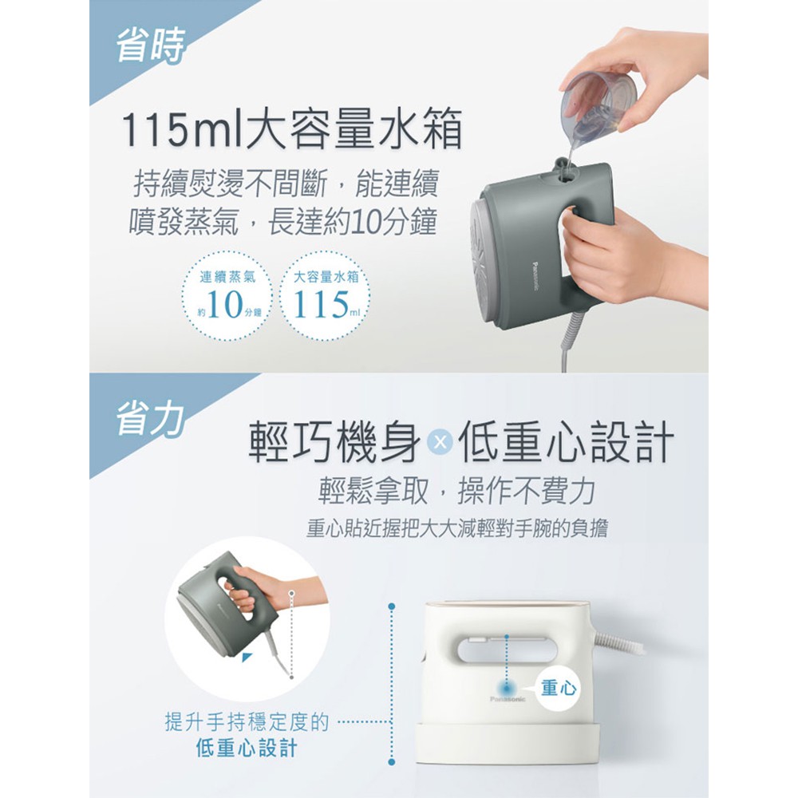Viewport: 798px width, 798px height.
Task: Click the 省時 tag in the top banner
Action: [x=151, y=45]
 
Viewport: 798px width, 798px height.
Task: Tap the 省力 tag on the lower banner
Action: [x=150, y=419]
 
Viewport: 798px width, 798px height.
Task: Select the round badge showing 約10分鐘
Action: [x=227, y=296]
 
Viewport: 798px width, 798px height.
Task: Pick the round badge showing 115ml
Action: [x=326, y=296]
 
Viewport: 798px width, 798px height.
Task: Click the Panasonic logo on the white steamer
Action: [x=508, y=699]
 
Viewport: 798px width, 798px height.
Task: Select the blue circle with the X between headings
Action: [x=440, y=442]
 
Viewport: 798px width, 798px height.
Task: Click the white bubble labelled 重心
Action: [x=559, y=688]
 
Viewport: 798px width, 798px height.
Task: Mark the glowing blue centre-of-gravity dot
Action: [x=508, y=688]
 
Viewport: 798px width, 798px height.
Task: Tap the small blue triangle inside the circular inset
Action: [x=247, y=658]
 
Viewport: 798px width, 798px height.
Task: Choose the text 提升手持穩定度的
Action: [x=247, y=721]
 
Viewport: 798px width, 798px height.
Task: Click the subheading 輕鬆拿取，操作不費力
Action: [x=456, y=492]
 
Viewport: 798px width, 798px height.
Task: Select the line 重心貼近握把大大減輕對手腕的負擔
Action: [x=456, y=529]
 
